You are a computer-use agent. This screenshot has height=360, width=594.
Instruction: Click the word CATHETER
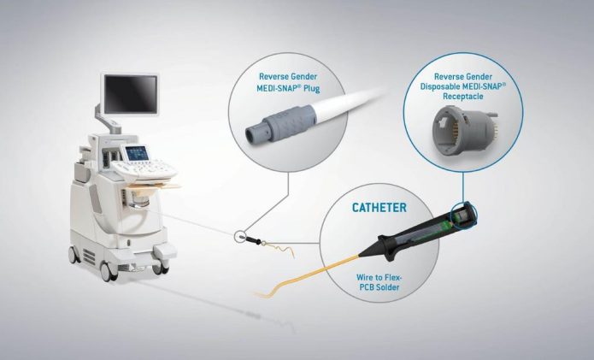379,207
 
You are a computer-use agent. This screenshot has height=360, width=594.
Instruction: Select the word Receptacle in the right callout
463,97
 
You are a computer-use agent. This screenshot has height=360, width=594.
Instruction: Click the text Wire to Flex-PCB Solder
378,282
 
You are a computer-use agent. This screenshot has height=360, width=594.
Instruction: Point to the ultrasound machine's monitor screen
130,93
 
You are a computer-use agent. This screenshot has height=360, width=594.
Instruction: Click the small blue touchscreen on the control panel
137,153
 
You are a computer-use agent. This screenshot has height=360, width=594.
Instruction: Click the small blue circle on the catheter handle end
463,216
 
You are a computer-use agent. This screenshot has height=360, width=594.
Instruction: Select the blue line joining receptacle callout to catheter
462,187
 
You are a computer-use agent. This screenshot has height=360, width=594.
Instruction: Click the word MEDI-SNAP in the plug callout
276,88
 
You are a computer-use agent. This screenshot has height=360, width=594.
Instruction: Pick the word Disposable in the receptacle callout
440,86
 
